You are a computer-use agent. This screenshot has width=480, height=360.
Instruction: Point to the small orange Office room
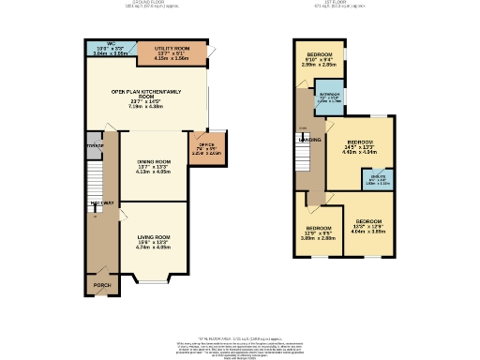click(x=207, y=147)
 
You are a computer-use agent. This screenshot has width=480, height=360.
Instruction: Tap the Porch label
click(x=98, y=280)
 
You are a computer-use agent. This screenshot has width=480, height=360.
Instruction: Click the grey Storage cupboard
click(x=94, y=146)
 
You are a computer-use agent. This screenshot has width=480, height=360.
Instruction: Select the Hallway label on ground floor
click(x=102, y=203)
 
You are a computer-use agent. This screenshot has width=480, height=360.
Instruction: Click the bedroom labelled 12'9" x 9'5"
click(x=319, y=231)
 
